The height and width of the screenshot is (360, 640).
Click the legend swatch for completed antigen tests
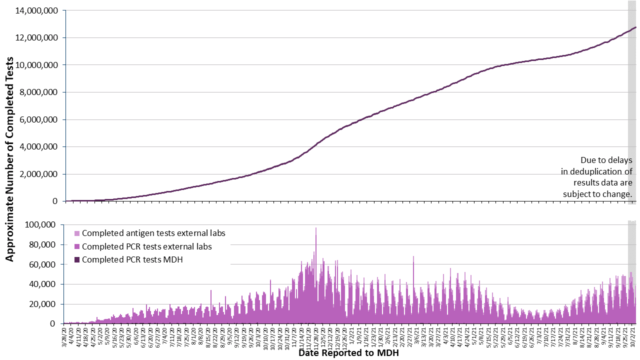pos(76,233)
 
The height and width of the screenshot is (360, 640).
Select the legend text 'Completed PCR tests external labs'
pos(146,246)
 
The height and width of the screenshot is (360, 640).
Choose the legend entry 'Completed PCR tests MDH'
pos(132,259)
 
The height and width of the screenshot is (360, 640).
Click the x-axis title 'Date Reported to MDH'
pos(348,353)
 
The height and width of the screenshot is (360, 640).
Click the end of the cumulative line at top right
pos(635,27)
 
